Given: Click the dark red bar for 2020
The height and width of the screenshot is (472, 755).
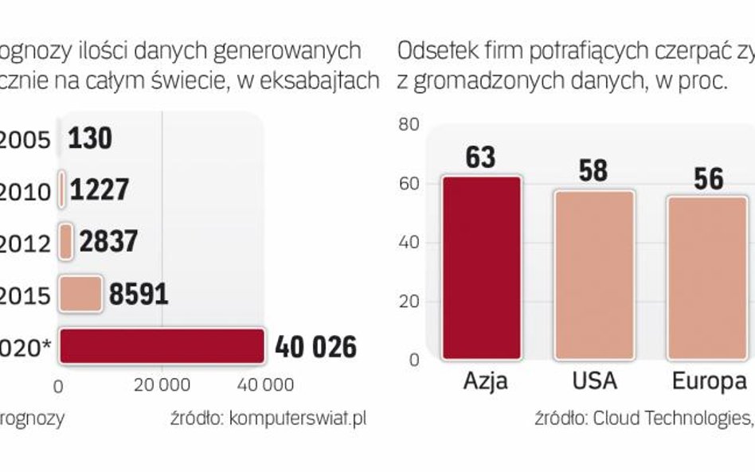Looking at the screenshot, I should coord(161,347).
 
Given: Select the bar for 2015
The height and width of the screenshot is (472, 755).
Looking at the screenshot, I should coord(80,295).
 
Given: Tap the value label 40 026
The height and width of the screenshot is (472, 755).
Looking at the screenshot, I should coord(315,347).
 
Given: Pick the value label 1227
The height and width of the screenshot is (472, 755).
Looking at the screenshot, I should coord(100,190).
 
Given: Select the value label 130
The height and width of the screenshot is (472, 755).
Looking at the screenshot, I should coord(90,139).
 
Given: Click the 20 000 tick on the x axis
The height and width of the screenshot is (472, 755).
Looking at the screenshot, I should coord(162,385).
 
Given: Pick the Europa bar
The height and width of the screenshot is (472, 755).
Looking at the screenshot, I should coord(707,277).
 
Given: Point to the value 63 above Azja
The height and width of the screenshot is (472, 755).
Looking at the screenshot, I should coord(481,158).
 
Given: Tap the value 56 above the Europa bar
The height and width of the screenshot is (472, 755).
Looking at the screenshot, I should coord(707,178).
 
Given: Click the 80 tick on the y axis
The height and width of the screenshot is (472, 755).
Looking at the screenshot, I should coord(409,125).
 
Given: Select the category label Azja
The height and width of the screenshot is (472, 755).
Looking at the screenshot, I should coord(485,381).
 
